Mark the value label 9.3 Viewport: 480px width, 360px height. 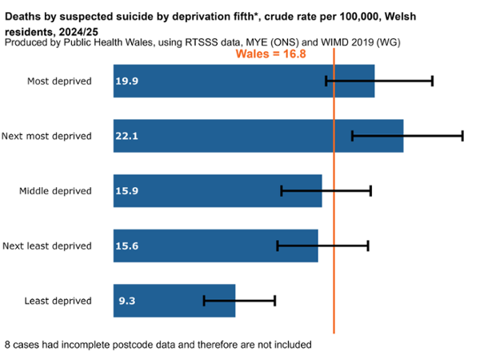coord(125,301)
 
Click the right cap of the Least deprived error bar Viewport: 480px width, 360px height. coord(274,300)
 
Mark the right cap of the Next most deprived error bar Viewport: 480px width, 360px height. coord(462,136)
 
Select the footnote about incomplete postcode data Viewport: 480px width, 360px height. coord(158,345)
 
